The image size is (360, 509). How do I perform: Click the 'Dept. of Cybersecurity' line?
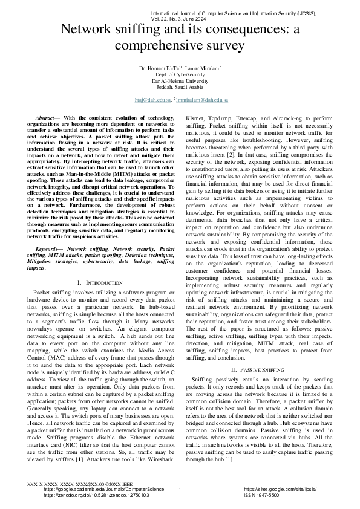(180, 76)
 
